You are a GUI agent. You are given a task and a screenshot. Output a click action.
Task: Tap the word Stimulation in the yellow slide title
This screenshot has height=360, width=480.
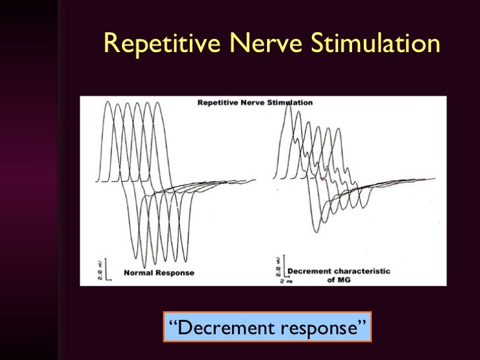tap(373, 44)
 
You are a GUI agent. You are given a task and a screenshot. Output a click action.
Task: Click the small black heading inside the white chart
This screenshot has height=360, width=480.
tap(255, 103)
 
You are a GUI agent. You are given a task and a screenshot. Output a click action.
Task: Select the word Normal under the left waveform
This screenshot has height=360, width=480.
tap(139, 272)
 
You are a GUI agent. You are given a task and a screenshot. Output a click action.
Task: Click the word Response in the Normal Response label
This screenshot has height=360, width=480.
tap(175, 272)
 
